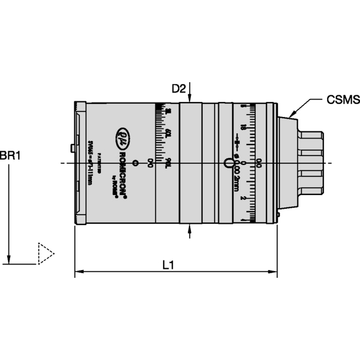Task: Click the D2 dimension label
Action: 179,89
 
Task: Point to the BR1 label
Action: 10,155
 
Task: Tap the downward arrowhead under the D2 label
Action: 190,99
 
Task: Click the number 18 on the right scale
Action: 242,127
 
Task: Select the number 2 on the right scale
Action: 242,197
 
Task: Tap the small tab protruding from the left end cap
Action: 73,148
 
